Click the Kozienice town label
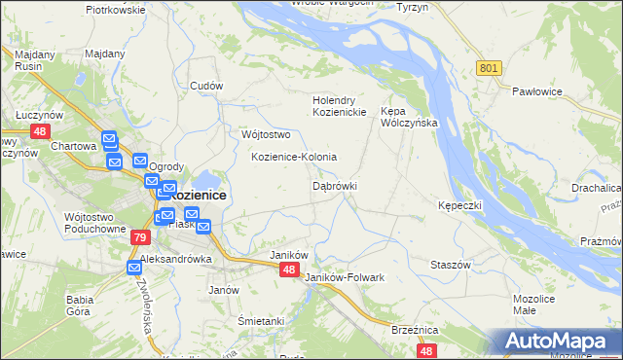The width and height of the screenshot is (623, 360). (198, 195)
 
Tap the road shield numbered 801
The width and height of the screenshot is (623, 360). (490, 67)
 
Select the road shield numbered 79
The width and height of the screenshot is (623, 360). (140, 237)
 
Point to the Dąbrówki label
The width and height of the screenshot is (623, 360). (335, 185)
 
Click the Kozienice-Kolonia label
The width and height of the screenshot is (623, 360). (294, 157)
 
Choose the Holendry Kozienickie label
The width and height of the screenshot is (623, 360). (338, 106)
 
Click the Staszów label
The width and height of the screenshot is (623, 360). (451, 265)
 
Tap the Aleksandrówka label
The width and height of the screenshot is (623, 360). (176, 260)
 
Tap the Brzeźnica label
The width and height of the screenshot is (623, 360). (414, 330)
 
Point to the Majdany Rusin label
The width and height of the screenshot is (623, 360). (34, 60)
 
